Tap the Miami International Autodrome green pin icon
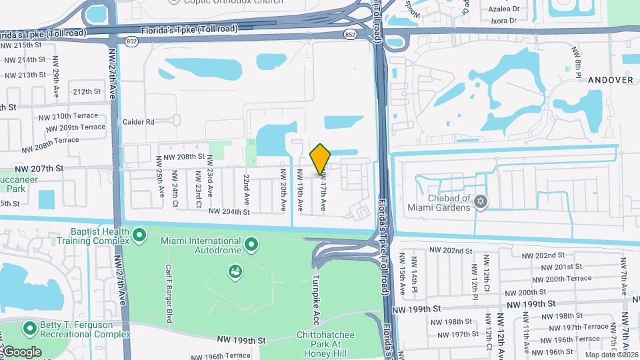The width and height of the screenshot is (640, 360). [x=251, y=245]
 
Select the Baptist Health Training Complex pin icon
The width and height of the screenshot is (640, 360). [x=139, y=235]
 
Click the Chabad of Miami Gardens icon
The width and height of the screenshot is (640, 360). [x=481, y=201]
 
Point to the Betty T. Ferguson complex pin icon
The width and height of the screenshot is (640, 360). [x=29, y=329]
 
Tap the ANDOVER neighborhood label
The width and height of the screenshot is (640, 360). [x=610, y=79]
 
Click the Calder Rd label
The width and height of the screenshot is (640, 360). [x=139, y=122]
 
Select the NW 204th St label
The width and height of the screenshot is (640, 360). [x=229, y=212]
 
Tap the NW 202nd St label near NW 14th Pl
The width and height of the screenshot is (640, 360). [x=451, y=250]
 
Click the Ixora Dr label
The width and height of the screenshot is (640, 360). [x=503, y=21]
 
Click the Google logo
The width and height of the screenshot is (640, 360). [x=21, y=351]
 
